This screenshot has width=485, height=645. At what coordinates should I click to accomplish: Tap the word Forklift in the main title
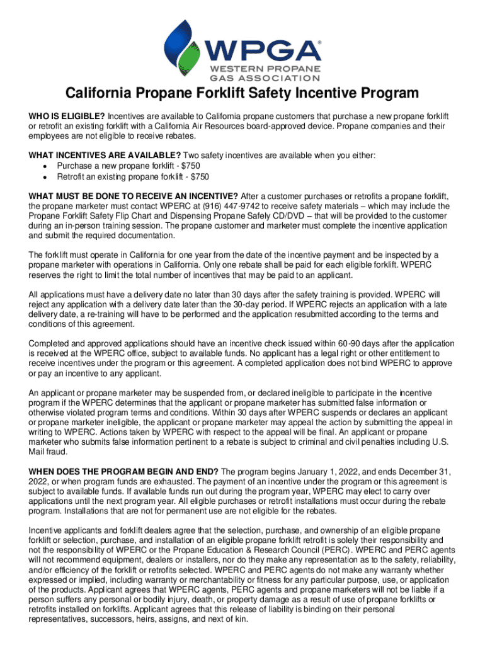click(245, 94)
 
